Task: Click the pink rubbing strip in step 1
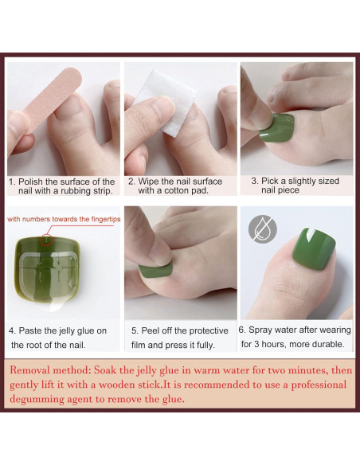[x=53, y=99]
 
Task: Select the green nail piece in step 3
[x=277, y=127]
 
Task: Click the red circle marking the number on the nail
[x=46, y=240]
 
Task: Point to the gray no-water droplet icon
[x=263, y=229]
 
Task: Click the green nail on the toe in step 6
[x=314, y=248]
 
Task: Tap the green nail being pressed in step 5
[x=155, y=270]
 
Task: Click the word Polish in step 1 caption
[x=30, y=182]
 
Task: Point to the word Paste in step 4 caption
[x=30, y=330]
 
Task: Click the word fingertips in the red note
[x=106, y=219]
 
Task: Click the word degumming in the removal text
[x=37, y=399]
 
